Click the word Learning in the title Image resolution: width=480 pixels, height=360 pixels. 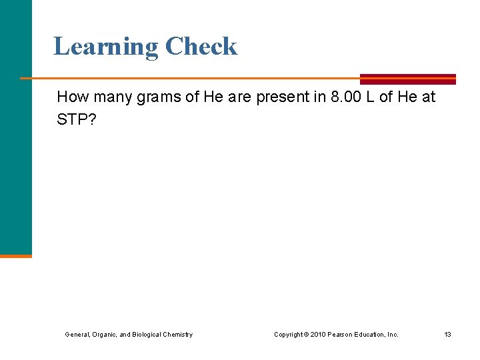[x=105, y=47]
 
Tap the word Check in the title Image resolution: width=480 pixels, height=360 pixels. [x=201, y=47]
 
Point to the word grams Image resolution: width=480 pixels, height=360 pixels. [x=161, y=97]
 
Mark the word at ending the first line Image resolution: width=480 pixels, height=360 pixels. [x=429, y=97]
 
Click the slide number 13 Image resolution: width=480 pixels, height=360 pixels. [x=447, y=335]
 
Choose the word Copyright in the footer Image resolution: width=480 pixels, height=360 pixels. [x=291, y=335]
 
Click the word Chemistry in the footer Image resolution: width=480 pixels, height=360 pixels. [x=177, y=335]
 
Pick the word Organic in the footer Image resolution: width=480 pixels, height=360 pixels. [x=99, y=335]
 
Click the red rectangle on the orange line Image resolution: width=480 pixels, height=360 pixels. [x=407, y=79]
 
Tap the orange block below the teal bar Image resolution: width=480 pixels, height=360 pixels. [x=15, y=255]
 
